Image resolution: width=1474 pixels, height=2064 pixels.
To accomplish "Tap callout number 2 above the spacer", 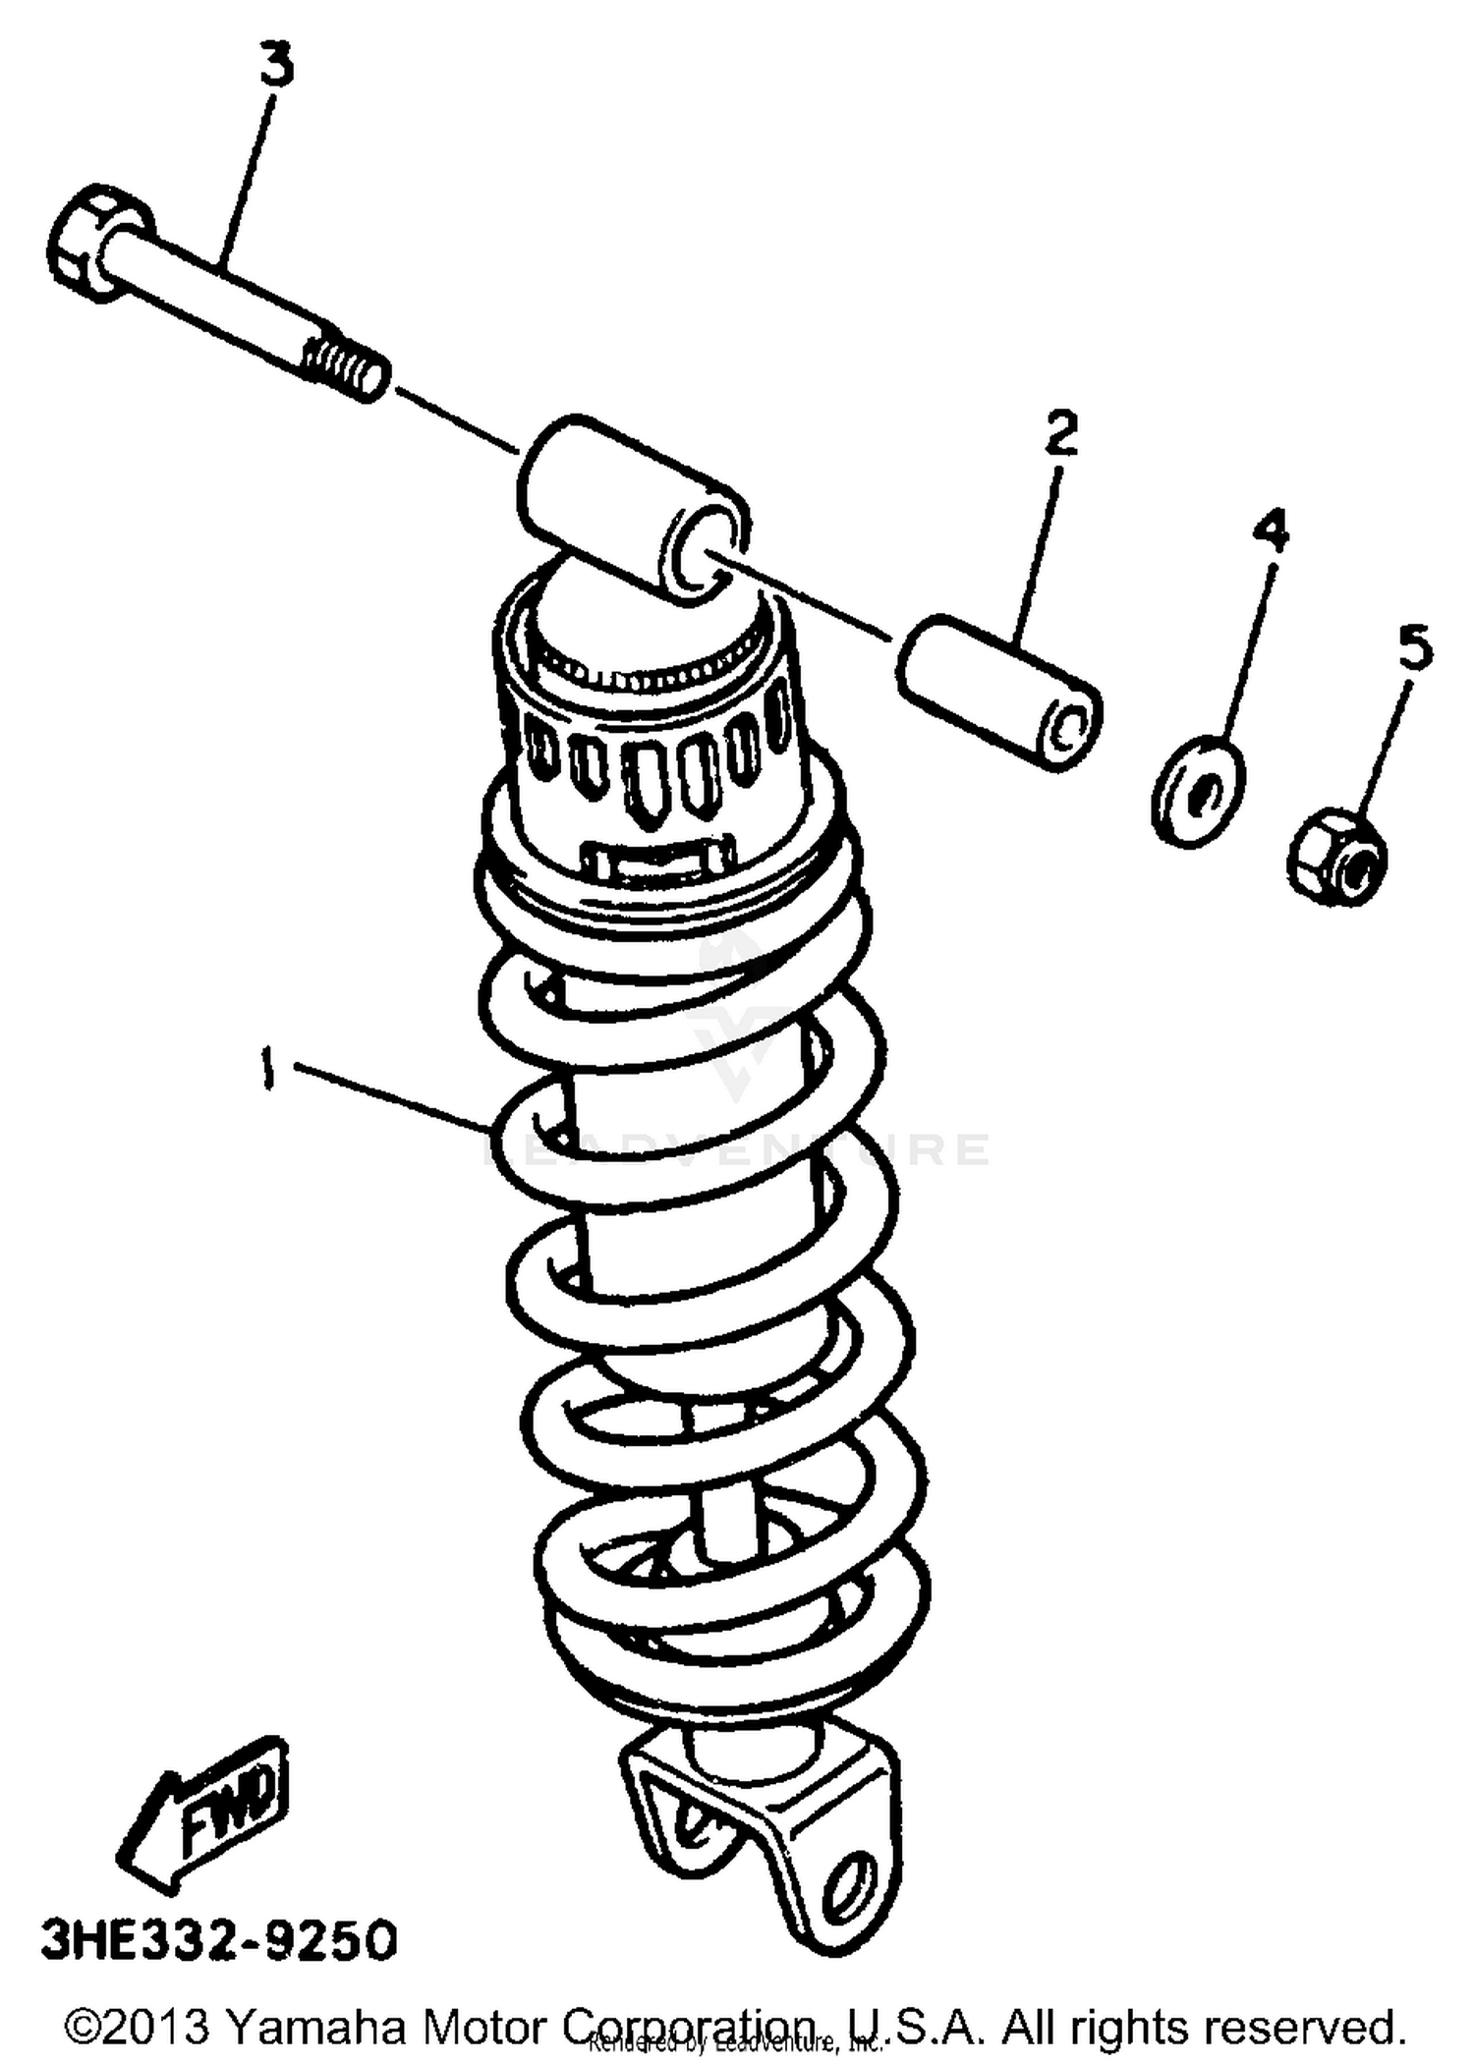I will [1060, 433].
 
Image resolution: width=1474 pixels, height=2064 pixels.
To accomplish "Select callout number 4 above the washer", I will [1271, 530].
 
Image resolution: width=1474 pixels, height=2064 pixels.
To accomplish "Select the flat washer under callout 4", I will [1197, 791].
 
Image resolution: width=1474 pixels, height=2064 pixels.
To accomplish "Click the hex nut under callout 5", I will [1338, 854].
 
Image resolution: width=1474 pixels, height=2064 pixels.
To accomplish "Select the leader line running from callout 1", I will [393, 1095].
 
